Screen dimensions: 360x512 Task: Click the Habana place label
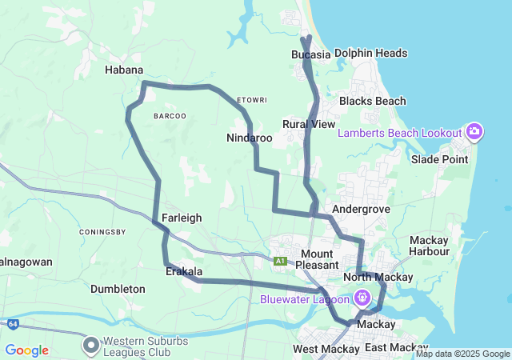124,70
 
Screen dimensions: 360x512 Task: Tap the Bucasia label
311,54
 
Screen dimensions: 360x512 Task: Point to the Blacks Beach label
372,101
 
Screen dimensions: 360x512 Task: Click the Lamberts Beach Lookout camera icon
474,132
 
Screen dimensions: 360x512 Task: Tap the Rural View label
309,124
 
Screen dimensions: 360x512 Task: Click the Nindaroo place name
250,138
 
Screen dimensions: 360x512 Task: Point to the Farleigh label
182,218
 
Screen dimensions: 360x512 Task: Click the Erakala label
184,272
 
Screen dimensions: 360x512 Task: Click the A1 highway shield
280,261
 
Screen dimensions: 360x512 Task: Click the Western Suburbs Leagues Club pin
91,344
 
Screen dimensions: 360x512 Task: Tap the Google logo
26,350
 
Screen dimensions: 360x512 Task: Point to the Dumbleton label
118,288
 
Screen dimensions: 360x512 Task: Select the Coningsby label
103,232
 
